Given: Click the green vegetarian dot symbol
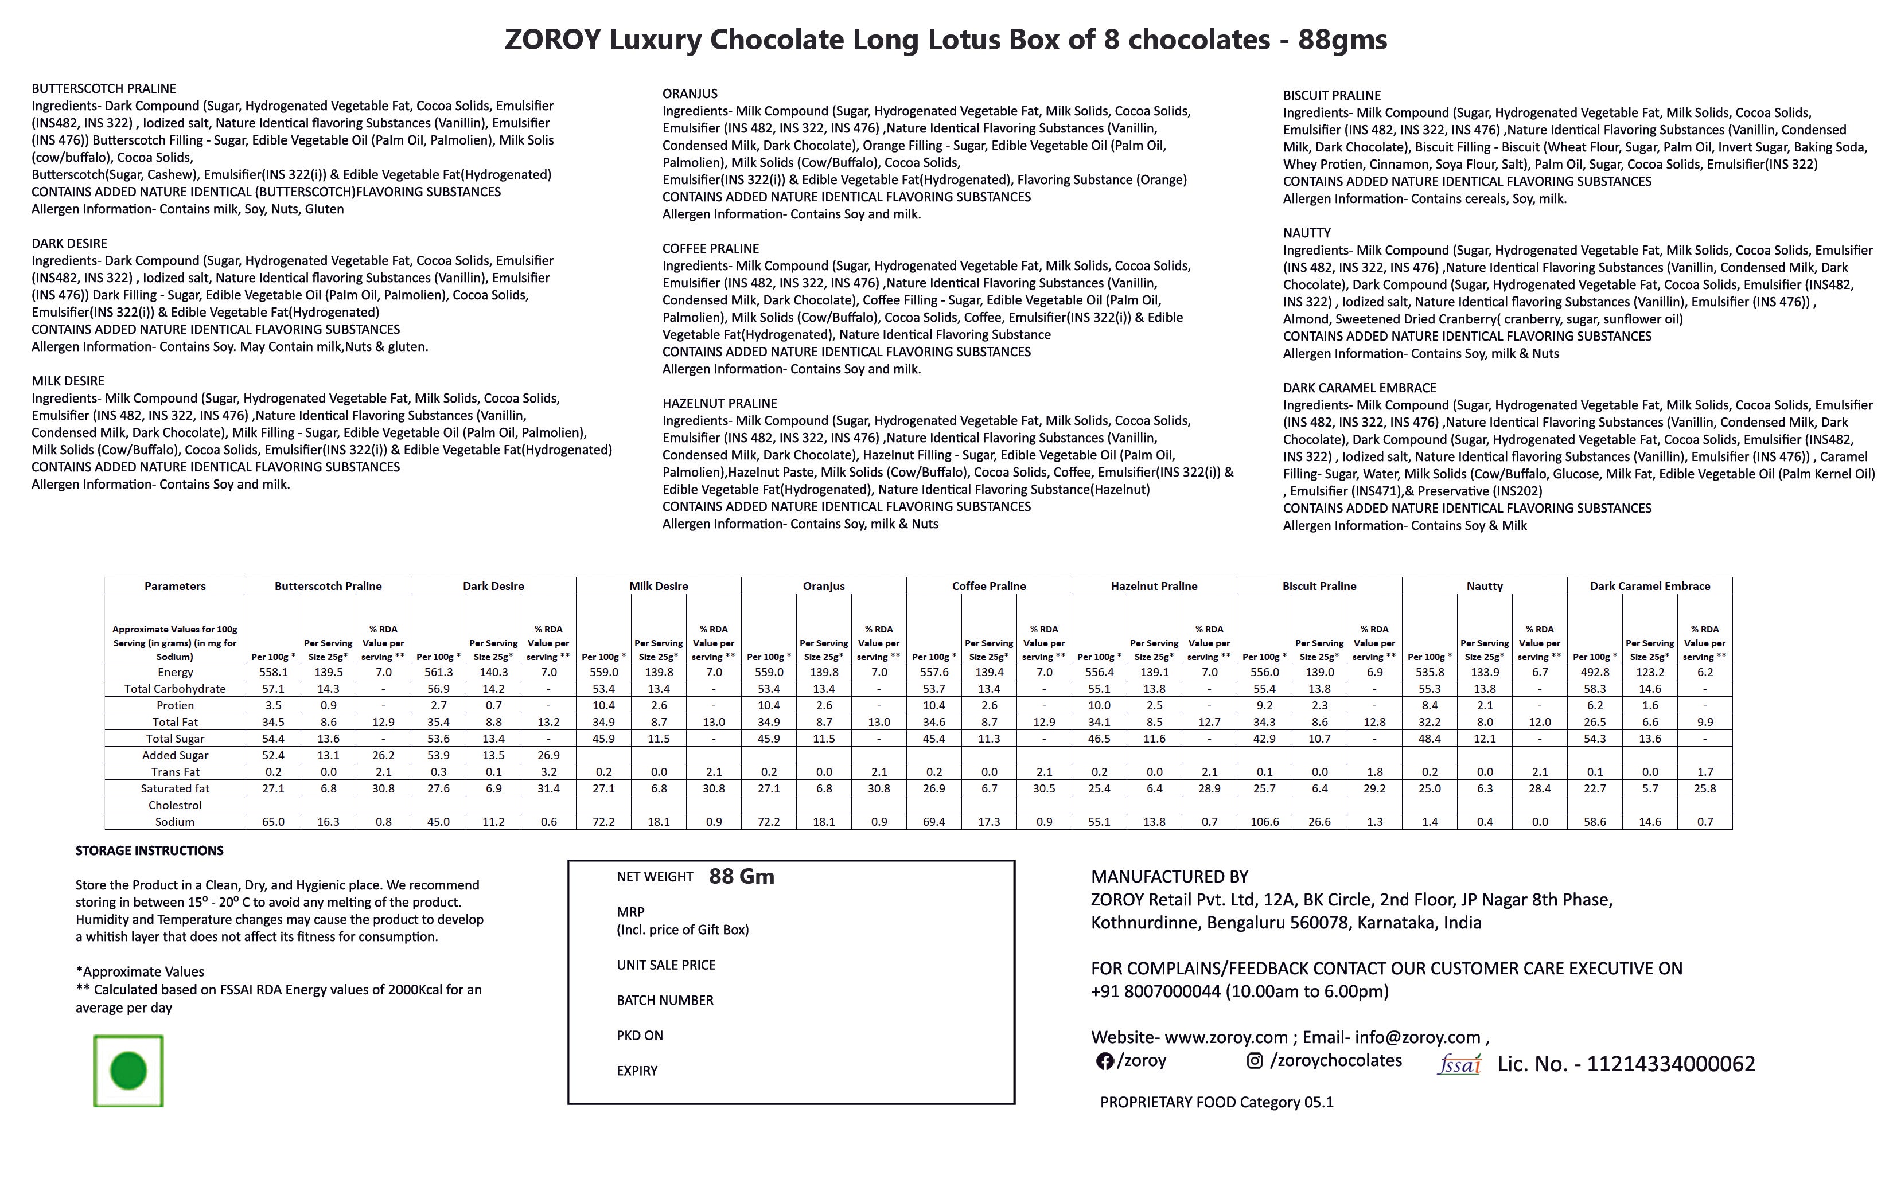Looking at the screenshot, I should (x=128, y=1071).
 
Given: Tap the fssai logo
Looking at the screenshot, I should (x=1459, y=1064).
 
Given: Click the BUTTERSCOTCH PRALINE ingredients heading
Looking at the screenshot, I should (x=104, y=89).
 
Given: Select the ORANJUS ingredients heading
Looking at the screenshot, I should (x=690, y=93).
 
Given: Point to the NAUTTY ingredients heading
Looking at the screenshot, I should (x=1307, y=233).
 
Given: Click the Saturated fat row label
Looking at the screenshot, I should (x=175, y=789).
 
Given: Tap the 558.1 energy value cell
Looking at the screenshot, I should (x=273, y=673).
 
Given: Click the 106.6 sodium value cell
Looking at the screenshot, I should (x=1264, y=822).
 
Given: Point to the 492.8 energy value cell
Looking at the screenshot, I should (x=1595, y=673).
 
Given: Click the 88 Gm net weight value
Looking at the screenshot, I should (x=741, y=877).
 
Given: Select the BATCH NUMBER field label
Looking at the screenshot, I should (x=665, y=1000).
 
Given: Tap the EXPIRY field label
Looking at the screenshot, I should (x=637, y=1071).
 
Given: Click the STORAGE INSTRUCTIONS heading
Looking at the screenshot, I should (x=149, y=851).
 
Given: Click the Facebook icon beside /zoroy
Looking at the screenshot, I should (x=1105, y=1061).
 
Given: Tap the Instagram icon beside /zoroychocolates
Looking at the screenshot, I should (x=1255, y=1061).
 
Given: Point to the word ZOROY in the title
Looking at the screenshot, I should (x=554, y=39).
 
